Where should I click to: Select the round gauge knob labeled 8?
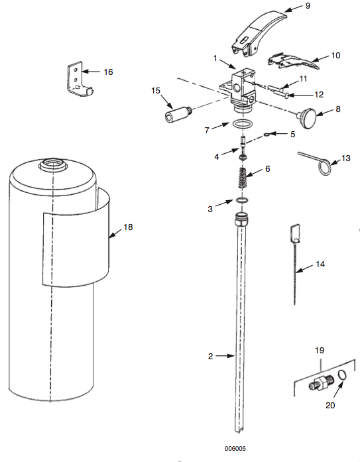coord(308,119)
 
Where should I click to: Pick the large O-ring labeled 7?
coord(243,125)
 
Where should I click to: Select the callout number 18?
coord(128,227)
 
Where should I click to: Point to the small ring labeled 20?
coord(341,377)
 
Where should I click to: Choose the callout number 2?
coord(211,356)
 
